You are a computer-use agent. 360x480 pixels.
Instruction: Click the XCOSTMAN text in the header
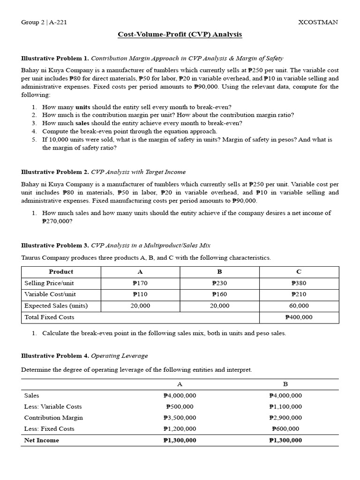(x=318, y=22)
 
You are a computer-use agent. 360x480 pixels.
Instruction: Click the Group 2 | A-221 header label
(x=44, y=22)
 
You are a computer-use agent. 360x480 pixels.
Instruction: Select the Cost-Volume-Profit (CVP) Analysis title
(x=180, y=35)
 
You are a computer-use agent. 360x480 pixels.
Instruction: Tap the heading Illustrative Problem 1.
(x=55, y=59)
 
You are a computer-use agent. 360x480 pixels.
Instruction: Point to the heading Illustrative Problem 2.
(x=55, y=172)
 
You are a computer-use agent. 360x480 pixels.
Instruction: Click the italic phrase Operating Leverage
(x=112, y=356)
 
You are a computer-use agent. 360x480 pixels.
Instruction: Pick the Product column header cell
(x=61, y=272)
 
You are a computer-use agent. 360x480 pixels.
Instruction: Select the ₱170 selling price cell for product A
(x=140, y=283)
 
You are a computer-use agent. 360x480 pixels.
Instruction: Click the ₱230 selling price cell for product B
(x=219, y=283)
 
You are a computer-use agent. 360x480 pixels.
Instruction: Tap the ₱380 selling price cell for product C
(x=299, y=283)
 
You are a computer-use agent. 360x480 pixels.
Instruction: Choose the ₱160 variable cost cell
(x=219, y=294)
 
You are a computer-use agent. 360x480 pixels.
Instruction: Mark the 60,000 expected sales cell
(x=299, y=306)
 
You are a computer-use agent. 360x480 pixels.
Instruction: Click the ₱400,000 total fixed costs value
(x=299, y=317)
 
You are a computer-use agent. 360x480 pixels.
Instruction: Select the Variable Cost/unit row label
(x=50, y=294)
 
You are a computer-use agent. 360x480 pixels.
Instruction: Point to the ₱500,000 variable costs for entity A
(x=180, y=407)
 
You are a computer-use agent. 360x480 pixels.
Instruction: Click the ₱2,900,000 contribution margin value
(x=285, y=418)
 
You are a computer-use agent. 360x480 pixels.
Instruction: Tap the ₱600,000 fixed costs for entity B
(x=285, y=429)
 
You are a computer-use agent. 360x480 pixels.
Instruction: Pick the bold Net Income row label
(x=42, y=440)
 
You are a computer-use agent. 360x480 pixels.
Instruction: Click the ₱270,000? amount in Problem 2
(x=57, y=221)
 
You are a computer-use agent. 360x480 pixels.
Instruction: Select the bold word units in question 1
(x=82, y=107)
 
